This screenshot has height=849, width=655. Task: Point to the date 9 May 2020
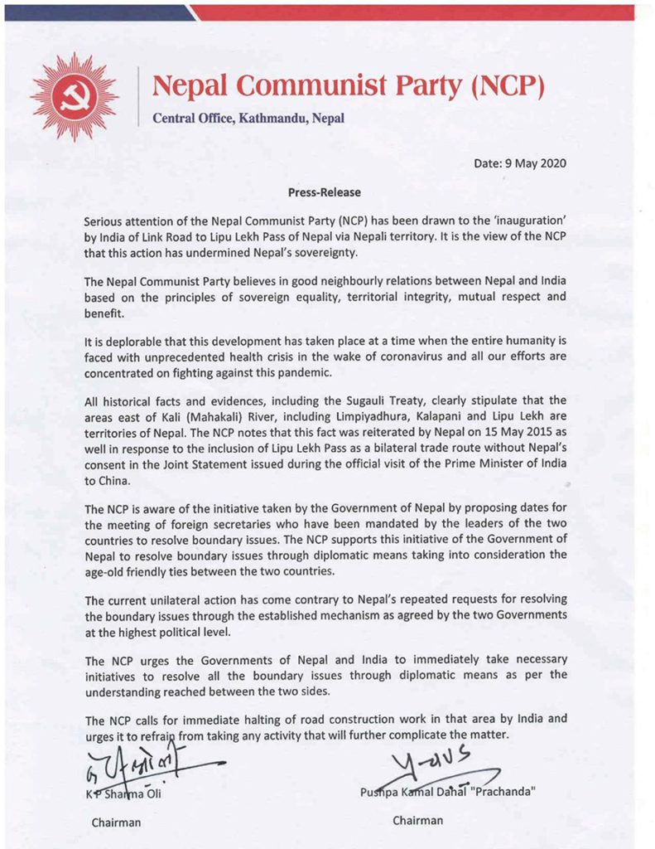(x=532, y=163)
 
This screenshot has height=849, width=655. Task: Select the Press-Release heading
(x=325, y=192)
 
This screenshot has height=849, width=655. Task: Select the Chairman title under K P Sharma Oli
(x=116, y=822)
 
